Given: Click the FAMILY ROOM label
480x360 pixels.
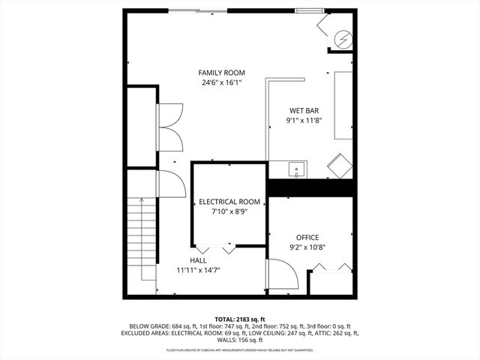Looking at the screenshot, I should pyautogui.click(x=221, y=73).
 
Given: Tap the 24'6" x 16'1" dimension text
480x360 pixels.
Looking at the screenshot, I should pyautogui.click(x=221, y=82).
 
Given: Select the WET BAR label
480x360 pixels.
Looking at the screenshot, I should pyautogui.click(x=304, y=110).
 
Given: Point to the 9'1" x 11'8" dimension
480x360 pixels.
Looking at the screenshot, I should pyautogui.click(x=304, y=120).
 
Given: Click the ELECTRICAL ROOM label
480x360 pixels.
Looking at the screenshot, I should pyautogui.click(x=229, y=202).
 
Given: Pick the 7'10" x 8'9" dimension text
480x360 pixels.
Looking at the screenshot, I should pyautogui.click(x=229, y=211).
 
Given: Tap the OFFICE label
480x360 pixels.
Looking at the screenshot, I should pyautogui.click(x=307, y=237).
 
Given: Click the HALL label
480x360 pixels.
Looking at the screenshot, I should pyautogui.click(x=198, y=260).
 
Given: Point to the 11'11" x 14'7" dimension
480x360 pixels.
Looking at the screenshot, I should pyautogui.click(x=198, y=270).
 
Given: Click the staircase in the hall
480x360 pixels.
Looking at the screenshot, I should pyautogui.click(x=141, y=232).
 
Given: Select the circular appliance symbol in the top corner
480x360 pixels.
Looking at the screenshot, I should pyautogui.click(x=341, y=37).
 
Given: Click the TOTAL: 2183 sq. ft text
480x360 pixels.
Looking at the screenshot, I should pyautogui.click(x=240, y=319).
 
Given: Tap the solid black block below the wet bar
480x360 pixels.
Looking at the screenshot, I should pyautogui.click(x=310, y=187).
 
